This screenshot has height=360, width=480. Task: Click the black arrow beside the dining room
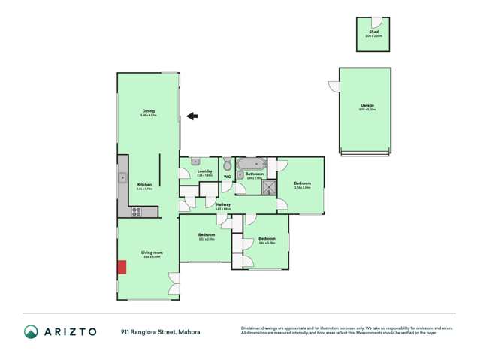click(192, 116)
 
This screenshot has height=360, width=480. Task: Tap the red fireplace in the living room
click(120, 267)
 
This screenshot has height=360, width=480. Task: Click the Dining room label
click(148, 113)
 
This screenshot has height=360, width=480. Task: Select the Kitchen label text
click(145, 184)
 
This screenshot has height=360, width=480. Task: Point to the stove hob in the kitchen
click(137, 212)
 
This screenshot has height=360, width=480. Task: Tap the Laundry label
click(204, 171)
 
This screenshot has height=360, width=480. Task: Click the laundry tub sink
click(195, 161)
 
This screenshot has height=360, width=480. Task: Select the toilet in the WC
click(227, 162)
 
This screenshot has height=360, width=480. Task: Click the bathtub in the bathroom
click(249, 163)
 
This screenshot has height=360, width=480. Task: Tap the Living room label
click(152, 253)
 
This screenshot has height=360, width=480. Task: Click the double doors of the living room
click(175, 283)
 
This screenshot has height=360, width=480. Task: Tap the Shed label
click(373, 32)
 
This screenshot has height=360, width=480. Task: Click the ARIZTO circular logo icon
click(31, 331)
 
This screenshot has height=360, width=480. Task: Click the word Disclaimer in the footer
click(250, 328)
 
